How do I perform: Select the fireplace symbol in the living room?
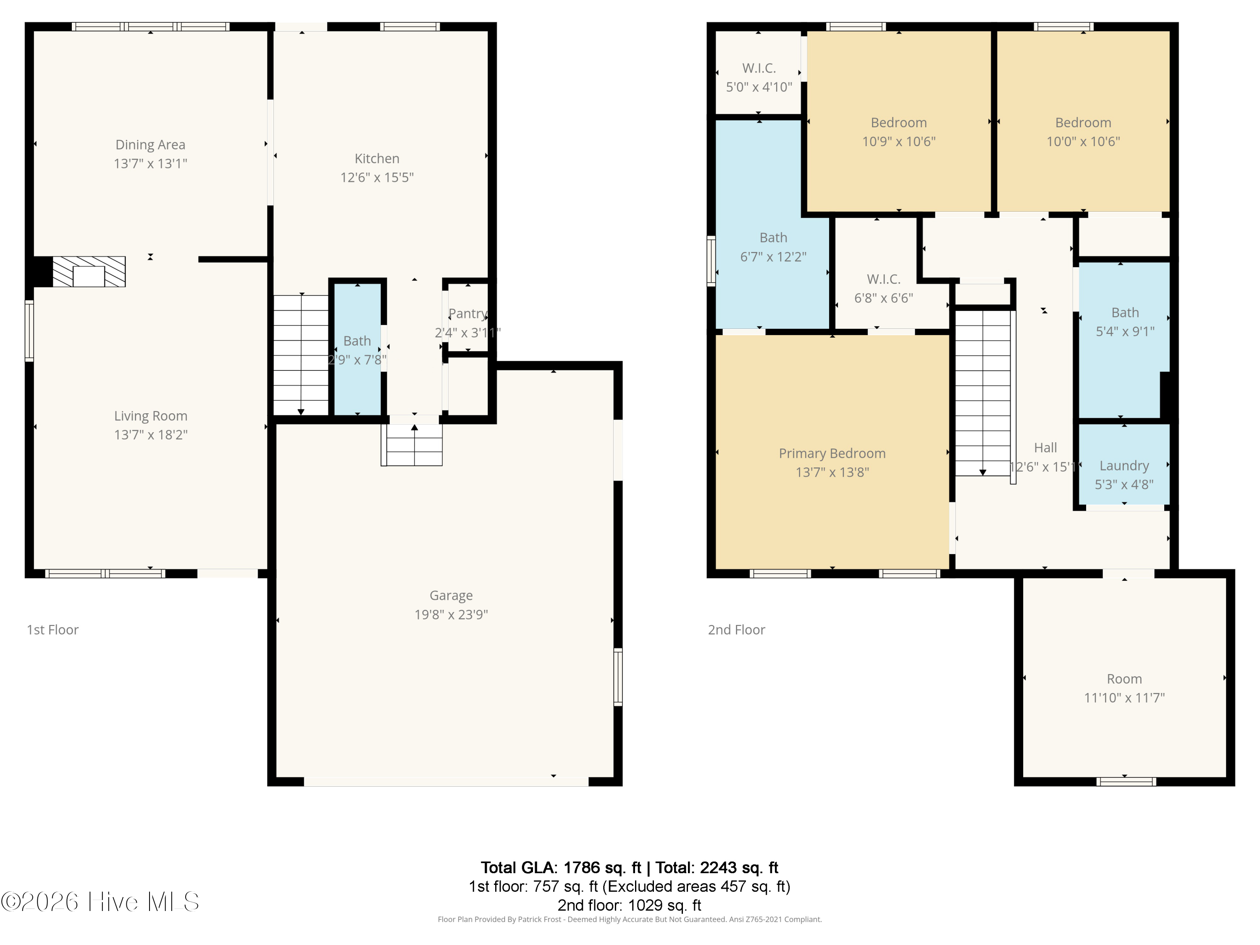pyautogui.click(x=89, y=272)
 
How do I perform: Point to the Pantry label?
pyautogui.click(x=467, y=313)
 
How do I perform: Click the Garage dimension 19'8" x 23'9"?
pyautogui.click(x=451, y=614)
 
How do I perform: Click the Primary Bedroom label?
pyautogui.click(x=832, y=454)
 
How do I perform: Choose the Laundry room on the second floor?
pyautogui.click(x=1124, y=466)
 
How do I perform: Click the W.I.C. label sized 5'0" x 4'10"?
pyautogui.click(x=759, y=68)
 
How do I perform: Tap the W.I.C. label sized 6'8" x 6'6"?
pyautogui.click(x=884, y=279)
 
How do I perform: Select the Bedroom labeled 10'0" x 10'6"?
pyautogui.click(x=1083, y=123)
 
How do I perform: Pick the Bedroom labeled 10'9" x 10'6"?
pyautogui.click(x=898, y=123)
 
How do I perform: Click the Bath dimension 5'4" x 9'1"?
pyautogui.click(x=1125, y=331)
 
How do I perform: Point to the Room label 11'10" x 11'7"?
pyautogui.click(x=1124, y=679)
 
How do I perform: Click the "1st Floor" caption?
pyautogui.click(x=52, y=630)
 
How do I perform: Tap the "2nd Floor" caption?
pyautogui.click(x=736, y=630)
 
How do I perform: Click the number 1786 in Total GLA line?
pyautogui.click(x=581, y=868)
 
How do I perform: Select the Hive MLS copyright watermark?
pyautogui.click(x=100, y=902)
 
